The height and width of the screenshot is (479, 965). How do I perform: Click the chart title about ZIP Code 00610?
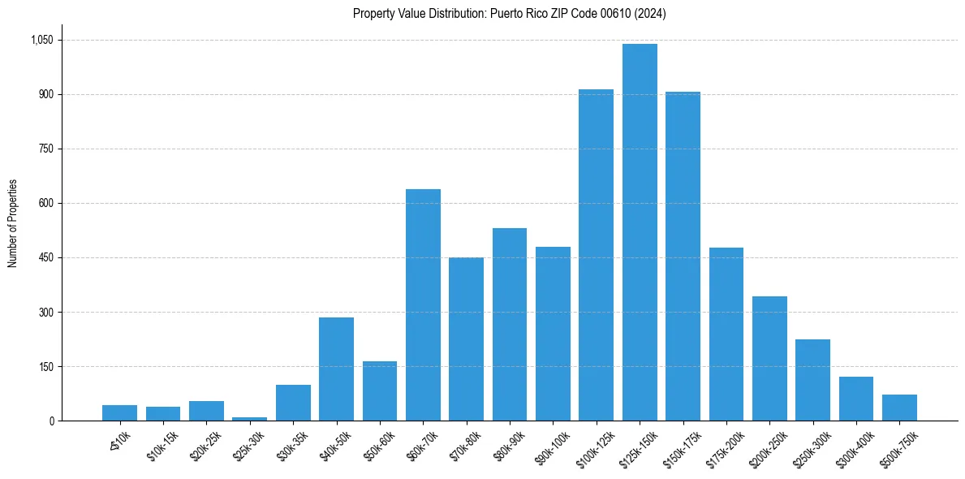(x=509, y=13)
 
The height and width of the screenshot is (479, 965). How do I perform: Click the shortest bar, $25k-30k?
(x=250, y=418)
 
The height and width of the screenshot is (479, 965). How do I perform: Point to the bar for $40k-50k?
(x=336, y=369)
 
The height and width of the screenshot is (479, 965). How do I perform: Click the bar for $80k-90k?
(x=510, y=325)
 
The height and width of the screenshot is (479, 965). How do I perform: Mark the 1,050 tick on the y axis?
(x=41, y=40)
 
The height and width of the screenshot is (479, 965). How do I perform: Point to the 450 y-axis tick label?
(x=45, y=257)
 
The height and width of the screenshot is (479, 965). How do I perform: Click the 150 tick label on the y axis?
(x=45, y=366)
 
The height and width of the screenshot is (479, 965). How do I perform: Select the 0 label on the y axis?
(x=50, y=421)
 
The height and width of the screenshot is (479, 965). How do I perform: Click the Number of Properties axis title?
(x=12, y=223)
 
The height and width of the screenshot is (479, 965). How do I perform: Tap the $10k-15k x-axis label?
(x=163, y=446)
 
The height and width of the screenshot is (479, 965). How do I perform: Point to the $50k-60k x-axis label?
(x=380, y=446)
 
